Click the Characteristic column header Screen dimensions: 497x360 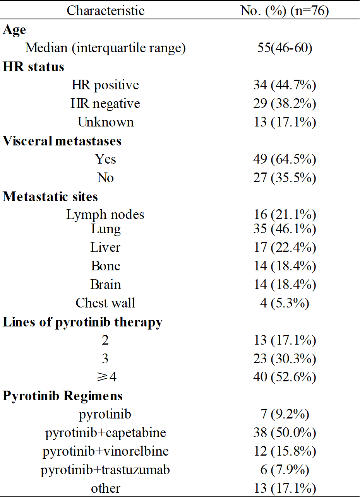[x=105, y=11]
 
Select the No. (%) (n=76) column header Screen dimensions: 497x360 [x=285, y=11]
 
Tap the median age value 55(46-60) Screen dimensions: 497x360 [x=285, y=48]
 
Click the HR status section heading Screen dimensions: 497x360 [x=33, y=67]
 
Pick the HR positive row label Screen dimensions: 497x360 [x=105, y=85]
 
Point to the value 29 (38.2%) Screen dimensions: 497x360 [x=285, y=104]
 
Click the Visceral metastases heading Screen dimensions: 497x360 [x=62, y=141]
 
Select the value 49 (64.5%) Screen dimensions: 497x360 [x=285, y=159]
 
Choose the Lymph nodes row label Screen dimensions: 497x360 [x=105, y=215]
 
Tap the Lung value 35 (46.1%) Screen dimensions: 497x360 [x=285, y=229]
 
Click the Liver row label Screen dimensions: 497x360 [x=105, y=248]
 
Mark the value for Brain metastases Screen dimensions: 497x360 [x=285, y=285]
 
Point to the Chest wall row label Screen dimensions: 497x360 [x=105, y=303]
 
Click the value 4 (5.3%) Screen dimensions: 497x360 [x=285, y=303]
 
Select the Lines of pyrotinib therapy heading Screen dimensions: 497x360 [x=82, y=322]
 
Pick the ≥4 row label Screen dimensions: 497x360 [x=105, y=377]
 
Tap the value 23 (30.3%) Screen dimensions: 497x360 [x=285, y=359]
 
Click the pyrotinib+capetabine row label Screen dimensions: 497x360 [x=105, y=433]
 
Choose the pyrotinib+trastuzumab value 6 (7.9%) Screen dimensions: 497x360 [x=285, y=470]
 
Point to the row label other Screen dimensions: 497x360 [x=105, y=488]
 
